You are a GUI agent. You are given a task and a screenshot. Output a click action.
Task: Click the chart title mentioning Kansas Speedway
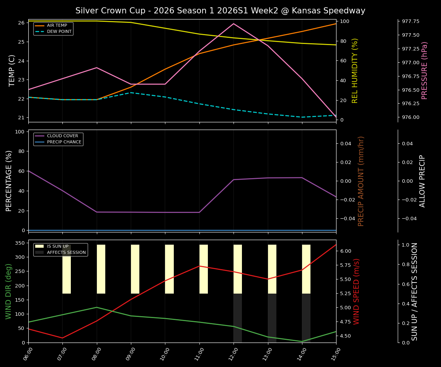tap(220, 11)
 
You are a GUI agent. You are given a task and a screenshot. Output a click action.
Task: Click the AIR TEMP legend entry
tap(57, 26)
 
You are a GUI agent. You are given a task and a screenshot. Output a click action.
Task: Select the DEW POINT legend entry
tap(59, 32)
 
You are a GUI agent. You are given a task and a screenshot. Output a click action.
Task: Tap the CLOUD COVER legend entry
tap(62, 136)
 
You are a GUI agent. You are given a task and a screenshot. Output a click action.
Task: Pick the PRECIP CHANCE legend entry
tap(64, 142)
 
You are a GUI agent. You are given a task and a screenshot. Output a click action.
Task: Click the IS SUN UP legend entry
tap(57, 247)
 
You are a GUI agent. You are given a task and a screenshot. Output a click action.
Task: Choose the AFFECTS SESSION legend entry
tap(66, 253)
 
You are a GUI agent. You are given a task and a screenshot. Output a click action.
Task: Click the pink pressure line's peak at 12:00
tap(234, 24)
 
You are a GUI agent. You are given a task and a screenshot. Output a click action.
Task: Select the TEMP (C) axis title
tap(12, 70)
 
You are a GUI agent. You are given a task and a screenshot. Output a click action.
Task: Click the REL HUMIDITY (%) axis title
tap(355, 70)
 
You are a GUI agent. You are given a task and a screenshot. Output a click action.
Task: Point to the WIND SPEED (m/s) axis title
tap(356, 291)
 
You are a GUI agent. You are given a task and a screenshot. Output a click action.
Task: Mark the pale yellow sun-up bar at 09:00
tap(135, 269)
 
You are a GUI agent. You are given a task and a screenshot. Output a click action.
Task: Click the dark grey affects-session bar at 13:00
tap(272, 318)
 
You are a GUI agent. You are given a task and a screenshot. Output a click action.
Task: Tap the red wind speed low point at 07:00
tap(62, 338)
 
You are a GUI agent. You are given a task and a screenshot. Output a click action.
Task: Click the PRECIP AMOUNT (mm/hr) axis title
tap(361, 181)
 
